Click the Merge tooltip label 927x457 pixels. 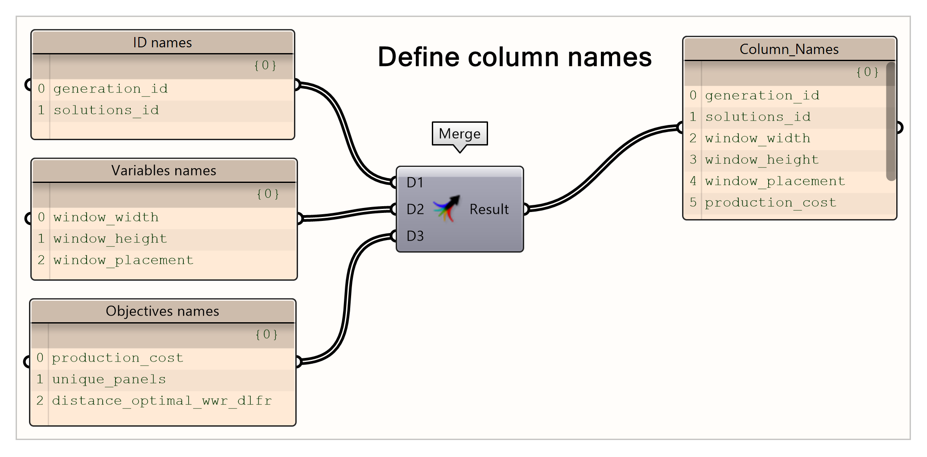(x=459, y=133)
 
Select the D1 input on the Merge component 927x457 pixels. (x=414, y=182)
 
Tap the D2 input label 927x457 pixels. (x=415, y=209)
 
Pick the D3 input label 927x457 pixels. (x=415, y=236)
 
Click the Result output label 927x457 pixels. (x=489, y=209)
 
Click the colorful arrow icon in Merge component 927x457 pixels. (x=447, y=208)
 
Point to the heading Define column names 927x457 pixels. (x=514, y=57)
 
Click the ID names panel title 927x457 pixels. (x=162, y=42)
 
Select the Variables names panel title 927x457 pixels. (x=164, y=170)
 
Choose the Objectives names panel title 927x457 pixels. (x=162, y=311)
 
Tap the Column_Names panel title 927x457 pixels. (x=789, y=49)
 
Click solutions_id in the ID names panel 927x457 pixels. (x=106, y=110)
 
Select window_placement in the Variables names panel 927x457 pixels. (x=123, y=260)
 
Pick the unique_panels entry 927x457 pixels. (x=109, y=379)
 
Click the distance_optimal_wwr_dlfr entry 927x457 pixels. (x=161, y=401)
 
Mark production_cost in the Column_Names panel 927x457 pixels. (x=770, y=203)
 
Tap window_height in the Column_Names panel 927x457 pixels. (x=761, y=160)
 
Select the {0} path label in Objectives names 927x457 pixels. (x=266, y=334)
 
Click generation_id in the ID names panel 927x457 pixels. (x=110, y=89)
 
